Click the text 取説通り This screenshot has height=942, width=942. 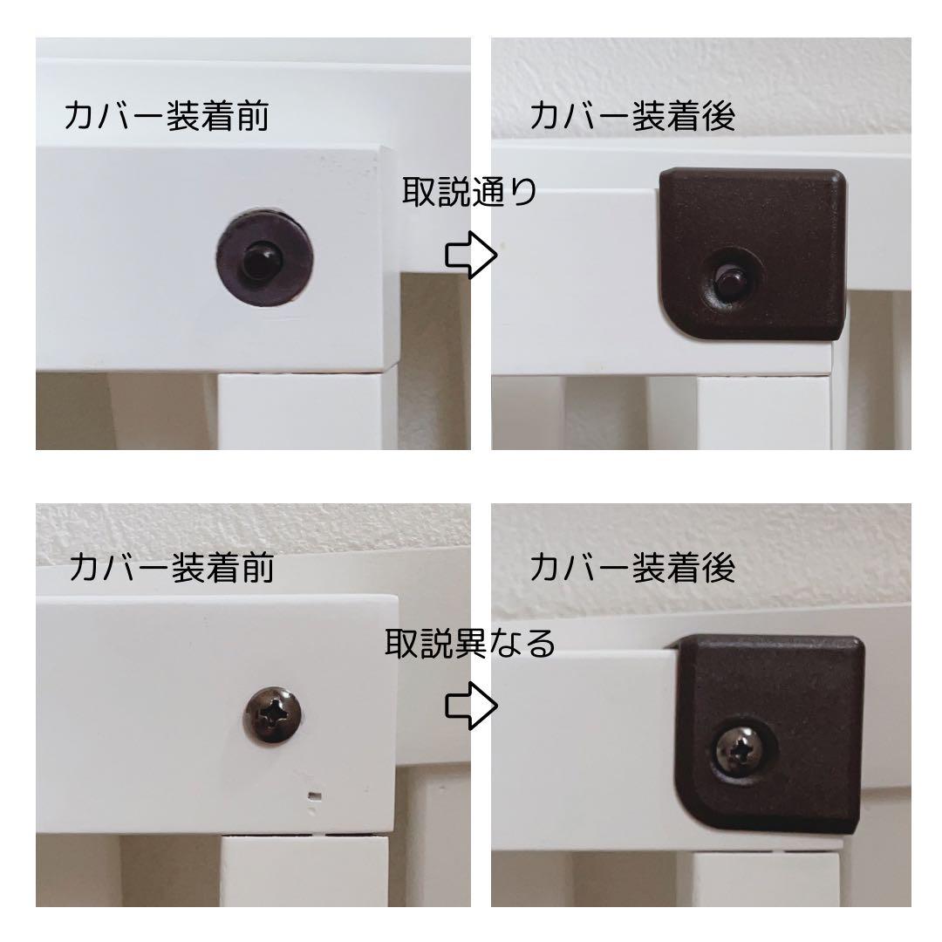(469, 192)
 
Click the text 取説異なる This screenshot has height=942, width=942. (470, 645)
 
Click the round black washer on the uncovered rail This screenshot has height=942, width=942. (265, 257)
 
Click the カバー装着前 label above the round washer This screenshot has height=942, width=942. (166, 117)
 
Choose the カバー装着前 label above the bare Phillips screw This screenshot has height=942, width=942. (171, 568)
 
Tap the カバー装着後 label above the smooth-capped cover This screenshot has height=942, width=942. (632, 117)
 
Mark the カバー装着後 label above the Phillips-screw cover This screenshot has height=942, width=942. (632, 568)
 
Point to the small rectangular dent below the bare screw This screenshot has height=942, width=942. (316, 795)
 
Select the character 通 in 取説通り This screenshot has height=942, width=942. (487, 192)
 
